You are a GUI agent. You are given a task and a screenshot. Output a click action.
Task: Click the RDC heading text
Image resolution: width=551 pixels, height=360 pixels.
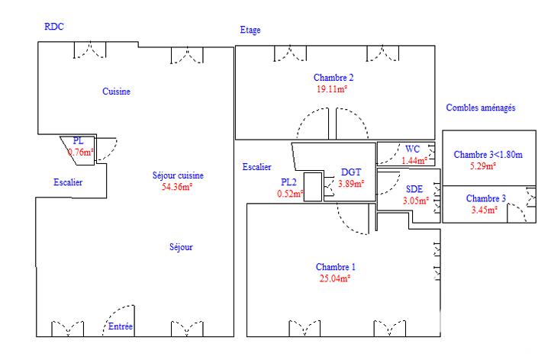pos(54,26)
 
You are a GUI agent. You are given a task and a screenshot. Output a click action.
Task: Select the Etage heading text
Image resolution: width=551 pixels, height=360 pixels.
pos(250,31)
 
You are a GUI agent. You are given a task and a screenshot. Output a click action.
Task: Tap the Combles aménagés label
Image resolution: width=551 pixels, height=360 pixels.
pos(481,108)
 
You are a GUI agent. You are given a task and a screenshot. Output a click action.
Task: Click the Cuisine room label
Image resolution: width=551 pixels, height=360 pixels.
pos(117,92)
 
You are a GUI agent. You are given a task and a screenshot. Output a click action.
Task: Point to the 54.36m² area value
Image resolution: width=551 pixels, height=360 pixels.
pos(177,186)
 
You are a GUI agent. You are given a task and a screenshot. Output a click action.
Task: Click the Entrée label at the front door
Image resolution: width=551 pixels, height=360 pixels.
pos(121,326)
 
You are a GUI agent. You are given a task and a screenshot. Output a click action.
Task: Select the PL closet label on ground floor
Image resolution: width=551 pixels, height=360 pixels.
pos(78,141)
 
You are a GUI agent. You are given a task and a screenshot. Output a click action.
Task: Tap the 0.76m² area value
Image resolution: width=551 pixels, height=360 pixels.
pos(81,152)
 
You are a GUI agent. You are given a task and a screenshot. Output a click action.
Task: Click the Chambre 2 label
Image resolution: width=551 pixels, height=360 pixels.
pos(333,78)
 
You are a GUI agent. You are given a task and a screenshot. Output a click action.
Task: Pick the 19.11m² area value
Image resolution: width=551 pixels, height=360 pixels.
pos(333,88)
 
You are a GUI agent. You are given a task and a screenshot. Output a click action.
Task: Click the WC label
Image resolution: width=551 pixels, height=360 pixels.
pos(413,149)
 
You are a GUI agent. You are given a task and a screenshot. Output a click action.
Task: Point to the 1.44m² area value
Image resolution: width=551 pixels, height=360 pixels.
pos(416,160)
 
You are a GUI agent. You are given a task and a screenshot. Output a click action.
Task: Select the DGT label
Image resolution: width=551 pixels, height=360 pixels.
pos(351,172)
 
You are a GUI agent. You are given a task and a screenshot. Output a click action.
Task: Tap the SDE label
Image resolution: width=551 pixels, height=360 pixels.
pos(414,189)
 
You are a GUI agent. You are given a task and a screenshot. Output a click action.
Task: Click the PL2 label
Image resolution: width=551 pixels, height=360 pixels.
pos(288,182)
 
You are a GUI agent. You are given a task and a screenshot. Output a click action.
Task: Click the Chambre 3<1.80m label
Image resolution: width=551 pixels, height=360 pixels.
pos(488,155)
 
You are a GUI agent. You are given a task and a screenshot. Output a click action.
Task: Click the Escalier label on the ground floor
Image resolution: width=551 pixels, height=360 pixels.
pos(68,182)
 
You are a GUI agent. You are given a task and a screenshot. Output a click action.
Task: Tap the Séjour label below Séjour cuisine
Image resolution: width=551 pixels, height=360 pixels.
pos(181,247)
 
